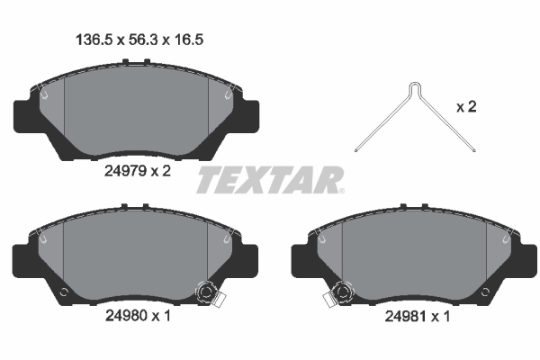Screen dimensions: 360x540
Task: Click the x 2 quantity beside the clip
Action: [x=466, y=107]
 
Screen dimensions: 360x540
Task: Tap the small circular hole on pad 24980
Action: [x=63, y=292]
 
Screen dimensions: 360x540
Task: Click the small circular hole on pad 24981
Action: [x=484, y=292]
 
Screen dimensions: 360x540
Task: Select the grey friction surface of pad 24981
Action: [x=414, y=256]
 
